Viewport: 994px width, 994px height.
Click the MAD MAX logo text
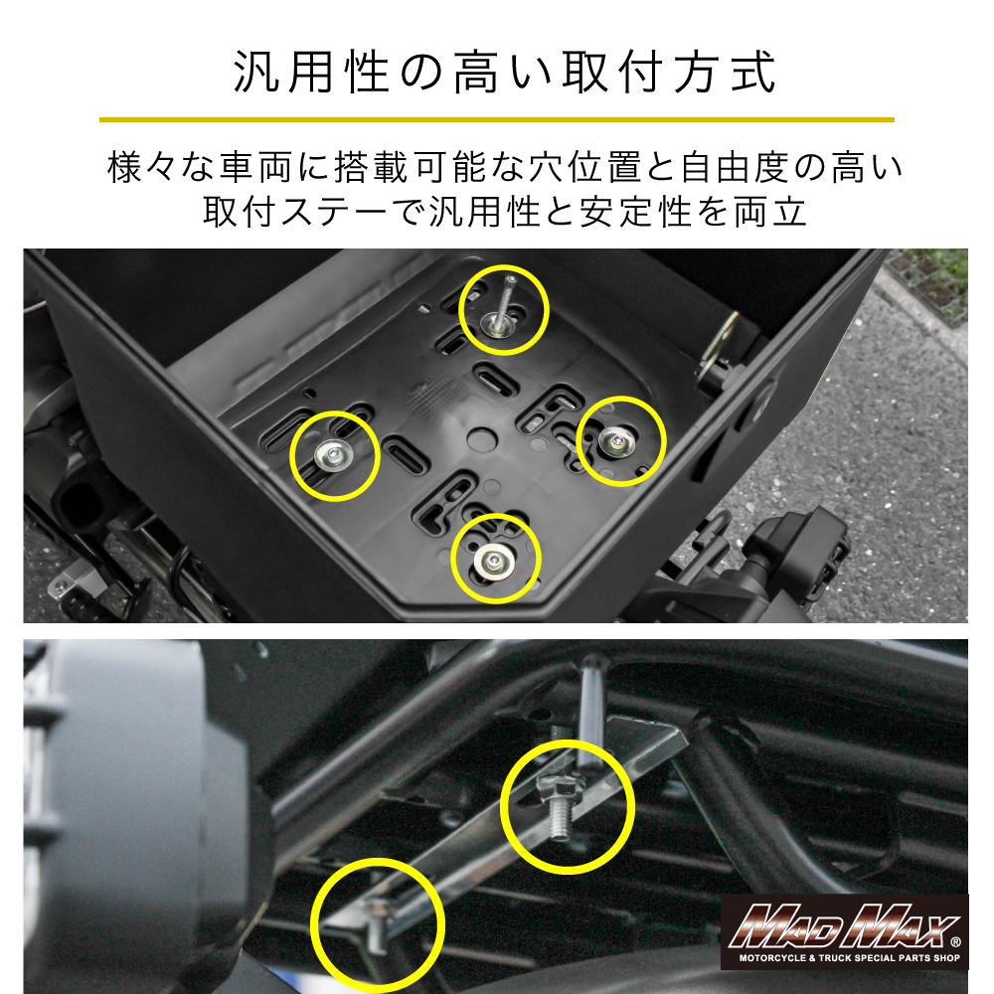tap(843, 924)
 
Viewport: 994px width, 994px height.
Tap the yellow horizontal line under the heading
tap(496, 119)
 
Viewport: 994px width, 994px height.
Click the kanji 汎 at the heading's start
tap(256, 72)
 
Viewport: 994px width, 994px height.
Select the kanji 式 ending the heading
tap(753, 72)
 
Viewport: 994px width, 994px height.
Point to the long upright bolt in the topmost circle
tap(505, 302)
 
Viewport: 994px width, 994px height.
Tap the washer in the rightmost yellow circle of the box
tap(616, 442)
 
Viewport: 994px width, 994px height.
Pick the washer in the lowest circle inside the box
tap(494, 560)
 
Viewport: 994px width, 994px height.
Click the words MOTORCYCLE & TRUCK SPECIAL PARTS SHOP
tap(850, 958)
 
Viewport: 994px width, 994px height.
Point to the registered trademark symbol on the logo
tap(956, 942)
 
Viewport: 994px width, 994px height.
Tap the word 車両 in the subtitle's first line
tap(255, 167)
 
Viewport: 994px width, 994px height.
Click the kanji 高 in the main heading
tap(476, 72)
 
